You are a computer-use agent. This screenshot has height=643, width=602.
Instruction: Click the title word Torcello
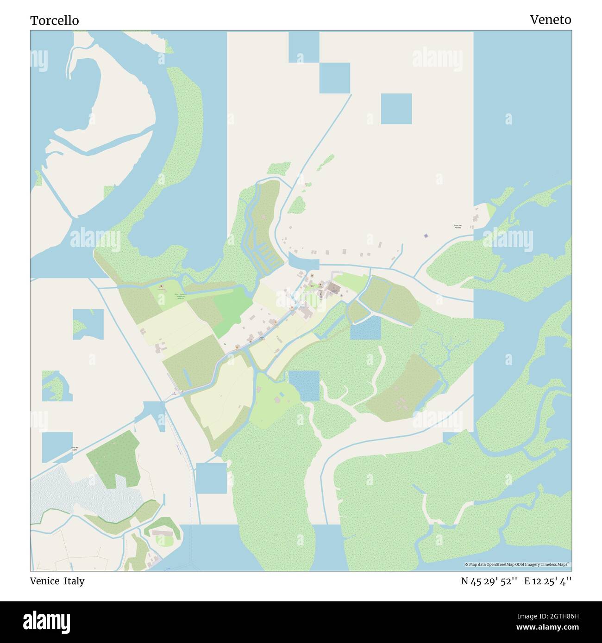click(54, 20)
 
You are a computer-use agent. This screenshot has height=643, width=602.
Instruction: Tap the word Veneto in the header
click(550, 19)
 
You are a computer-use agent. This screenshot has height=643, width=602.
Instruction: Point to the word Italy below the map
click(74, 581)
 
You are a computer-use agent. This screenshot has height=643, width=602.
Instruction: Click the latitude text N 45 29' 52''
click(489, 581)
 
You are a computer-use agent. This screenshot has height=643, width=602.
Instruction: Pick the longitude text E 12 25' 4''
click(548, 581)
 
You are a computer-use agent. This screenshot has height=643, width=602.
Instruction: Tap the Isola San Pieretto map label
click(458, 227)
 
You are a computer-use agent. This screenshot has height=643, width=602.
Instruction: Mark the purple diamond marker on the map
click(426, 236)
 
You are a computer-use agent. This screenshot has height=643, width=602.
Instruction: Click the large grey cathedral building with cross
click(333, 290)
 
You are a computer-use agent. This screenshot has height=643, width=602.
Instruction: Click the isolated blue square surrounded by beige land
click(396, 109)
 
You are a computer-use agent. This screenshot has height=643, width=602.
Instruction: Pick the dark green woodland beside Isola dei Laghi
click(113, 456)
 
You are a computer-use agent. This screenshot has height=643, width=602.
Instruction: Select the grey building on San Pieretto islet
click(476, 218)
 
